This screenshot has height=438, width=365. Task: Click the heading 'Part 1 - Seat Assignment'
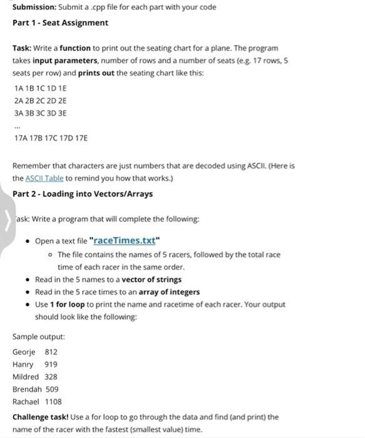pyautogui.click(x=60, y=23)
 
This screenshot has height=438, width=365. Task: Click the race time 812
pyautogui.click(x=51, y=352)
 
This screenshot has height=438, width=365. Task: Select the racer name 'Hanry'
pyautogui.click(x=24, y=364)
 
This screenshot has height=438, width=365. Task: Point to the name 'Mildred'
pyautogui.click(x=26, y=377)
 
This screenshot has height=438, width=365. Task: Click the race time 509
pyautogui.click(x=52, y=389)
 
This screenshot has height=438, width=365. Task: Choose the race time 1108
pyautogui.click(x=54, y=402)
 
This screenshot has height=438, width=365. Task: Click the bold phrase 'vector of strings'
pyautogui.click(x=152, y=280)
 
